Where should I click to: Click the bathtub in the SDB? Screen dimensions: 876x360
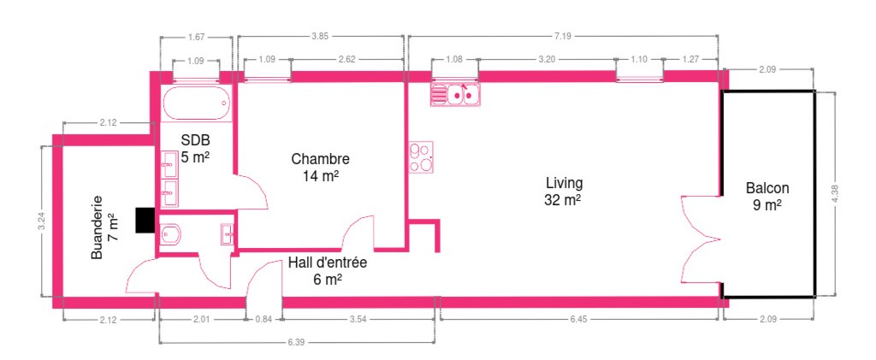point(198,103)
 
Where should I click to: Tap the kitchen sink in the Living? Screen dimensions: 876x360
point(455,94)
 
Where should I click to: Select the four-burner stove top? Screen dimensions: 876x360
point(421,156)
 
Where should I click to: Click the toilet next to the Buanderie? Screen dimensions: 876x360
point(170,234)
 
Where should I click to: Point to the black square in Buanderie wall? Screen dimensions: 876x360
point(144,220)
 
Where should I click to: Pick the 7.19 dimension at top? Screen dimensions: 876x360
point(563,36)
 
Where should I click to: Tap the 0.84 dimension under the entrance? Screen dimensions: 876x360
point(263,319)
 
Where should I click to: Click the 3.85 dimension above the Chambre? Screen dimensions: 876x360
point(320,36)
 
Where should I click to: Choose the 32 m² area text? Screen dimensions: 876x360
point(563,200)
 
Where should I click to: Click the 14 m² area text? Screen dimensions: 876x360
point(322,176)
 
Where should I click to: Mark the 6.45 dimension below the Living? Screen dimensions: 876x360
point(579,319)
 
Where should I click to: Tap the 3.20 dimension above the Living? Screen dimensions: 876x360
point(547,59)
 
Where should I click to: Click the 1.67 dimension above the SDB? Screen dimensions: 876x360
point(196,37)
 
